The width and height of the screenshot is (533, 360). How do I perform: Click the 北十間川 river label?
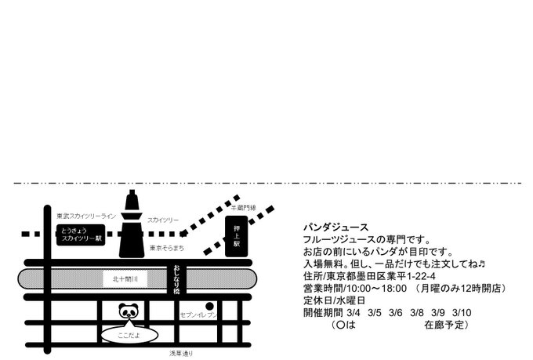pyautogui.click(x=125, y=278)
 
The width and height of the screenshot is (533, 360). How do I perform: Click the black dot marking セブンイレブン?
pyautogui.click(x=209, y=306)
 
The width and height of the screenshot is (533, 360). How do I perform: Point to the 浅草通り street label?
pyautogui.click(x=181, y=354)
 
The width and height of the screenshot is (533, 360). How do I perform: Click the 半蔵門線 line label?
pyautogui.click(x=242, y=207)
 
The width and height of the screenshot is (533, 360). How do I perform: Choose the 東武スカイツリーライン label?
pyautogui.click(x=87, y=216)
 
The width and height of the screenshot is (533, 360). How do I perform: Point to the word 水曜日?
pyautogui.click(x=354, y=300)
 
